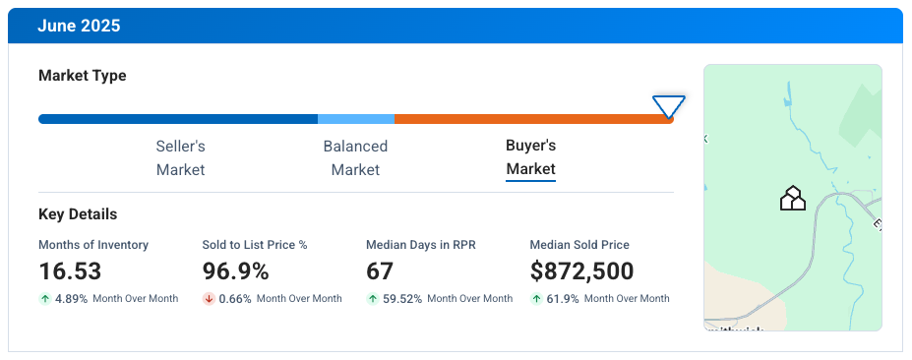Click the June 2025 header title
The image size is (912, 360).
coord(79,26)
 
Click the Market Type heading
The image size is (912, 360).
coord(82,76)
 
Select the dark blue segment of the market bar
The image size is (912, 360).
coord(177,119)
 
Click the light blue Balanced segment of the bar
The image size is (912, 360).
coord(355,119)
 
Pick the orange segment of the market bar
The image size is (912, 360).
coord(531,119)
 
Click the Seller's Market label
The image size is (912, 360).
coord(180,157)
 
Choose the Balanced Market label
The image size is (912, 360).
coord(355,157)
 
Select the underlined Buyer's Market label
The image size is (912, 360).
coord(530,157)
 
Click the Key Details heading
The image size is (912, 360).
coord(78,214)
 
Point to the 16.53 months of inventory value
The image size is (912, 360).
coord(70,271)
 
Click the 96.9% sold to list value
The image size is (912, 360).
coord(236,271)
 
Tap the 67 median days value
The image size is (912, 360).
coord(380,271)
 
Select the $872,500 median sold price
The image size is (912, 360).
coord(581,271)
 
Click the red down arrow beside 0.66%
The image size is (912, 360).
coord(209,299)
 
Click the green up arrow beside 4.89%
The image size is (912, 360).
coord(44,299)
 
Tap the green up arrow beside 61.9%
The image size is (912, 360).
coord(536,299)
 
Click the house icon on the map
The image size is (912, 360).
coord(792,199)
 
